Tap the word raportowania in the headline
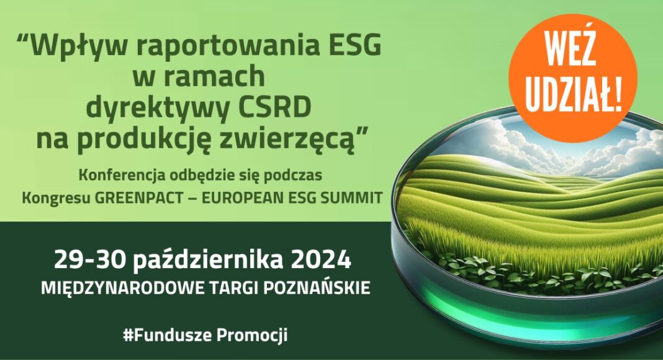coord(223,47)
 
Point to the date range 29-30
coord(90,260)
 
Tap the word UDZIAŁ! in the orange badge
coord(573,94)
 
